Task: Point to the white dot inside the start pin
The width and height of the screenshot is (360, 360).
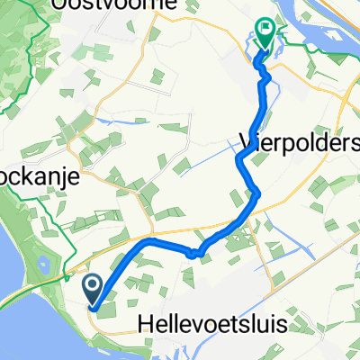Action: [93, 285]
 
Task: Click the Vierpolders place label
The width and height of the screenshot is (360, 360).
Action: [299, 139]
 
